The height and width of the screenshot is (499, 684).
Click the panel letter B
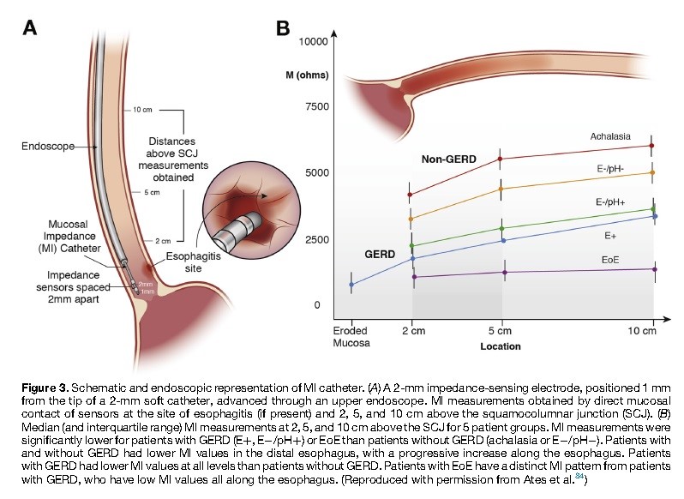tap(283, 28)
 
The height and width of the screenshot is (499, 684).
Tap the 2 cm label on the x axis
tap(413, 330)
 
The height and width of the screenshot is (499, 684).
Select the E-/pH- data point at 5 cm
tap(501, 189)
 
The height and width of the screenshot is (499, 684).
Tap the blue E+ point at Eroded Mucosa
tap(351, 285)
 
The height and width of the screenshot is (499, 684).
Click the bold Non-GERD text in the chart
tap(448, 159)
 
